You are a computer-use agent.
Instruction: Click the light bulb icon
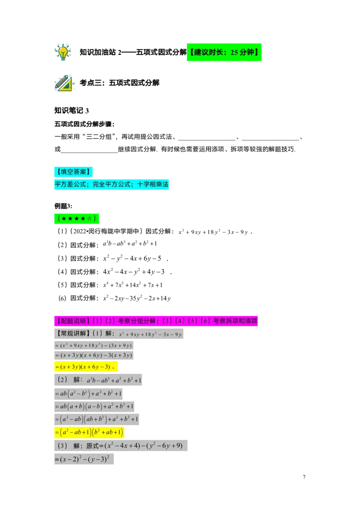(x=63, y=51)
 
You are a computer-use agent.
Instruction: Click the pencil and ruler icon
(x=64, y=84)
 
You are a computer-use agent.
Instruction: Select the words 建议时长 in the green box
(x=208, y=53)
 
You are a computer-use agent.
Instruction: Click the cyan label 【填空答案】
(x=73, y=171)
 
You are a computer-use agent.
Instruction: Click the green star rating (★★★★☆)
(x=76, y=219)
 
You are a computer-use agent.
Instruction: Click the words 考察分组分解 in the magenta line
(x=136, y=321)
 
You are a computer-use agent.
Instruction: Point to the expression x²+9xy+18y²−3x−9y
(x=150, y=335)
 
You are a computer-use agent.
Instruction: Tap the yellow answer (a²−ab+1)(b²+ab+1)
(x=90, y=433)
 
